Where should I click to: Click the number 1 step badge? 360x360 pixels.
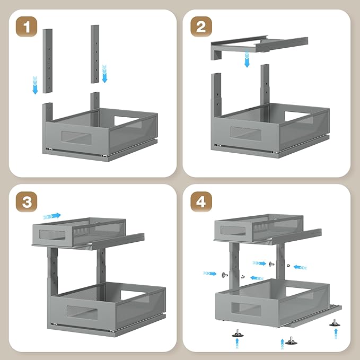coord(27,27)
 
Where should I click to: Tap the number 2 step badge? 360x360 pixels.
coord(201,27)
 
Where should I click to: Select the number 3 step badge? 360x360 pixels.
coord(27,202)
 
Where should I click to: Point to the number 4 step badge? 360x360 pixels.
coord(201,202)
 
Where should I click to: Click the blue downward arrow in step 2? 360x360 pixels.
coord(247,59)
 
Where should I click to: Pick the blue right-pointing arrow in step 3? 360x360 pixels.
coord(52,216)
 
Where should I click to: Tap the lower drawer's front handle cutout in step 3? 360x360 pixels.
coord(82,313)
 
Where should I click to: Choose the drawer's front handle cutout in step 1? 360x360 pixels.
coord(76,138)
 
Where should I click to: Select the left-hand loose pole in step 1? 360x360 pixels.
coord(48,61)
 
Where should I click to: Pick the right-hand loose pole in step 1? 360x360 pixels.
coord(95,54)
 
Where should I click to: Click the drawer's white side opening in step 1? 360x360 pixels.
coord(126,120)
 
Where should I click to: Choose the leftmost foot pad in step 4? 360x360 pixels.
coord(238,334)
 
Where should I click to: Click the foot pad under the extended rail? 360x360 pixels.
coord(335,323)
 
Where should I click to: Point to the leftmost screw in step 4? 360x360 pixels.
coord(225,275)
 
